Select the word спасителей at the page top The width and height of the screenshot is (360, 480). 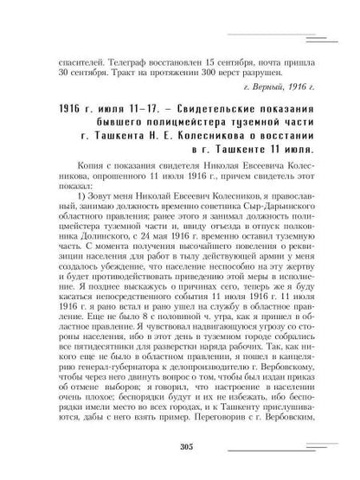(x=74, y=63)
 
